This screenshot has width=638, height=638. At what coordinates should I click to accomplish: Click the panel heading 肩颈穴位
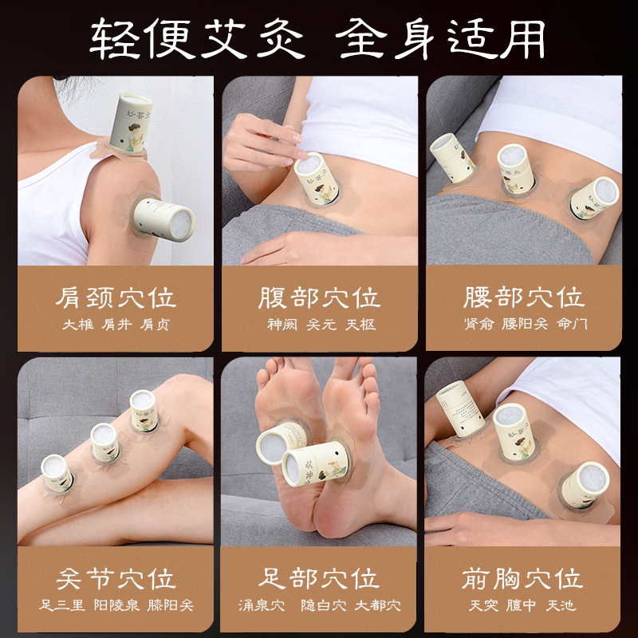coord(116,297)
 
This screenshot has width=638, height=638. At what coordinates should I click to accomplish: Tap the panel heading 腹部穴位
coord(320,297)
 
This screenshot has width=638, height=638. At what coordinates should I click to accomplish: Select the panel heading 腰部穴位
coord(524,297)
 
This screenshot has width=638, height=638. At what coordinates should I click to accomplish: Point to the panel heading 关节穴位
coord(116,579)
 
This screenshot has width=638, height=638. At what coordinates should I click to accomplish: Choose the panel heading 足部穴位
coord(319,579)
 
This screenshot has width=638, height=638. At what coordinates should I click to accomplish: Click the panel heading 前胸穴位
coord(522,579)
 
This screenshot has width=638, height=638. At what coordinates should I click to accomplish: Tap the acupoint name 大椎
coord(78,325)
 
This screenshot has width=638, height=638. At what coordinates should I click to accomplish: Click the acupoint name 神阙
coord(282,325)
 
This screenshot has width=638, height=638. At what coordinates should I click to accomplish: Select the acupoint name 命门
coord(572,324)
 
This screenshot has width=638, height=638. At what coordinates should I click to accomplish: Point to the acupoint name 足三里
coord(62,605)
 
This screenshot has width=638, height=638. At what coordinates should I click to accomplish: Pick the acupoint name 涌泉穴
coord(262,605)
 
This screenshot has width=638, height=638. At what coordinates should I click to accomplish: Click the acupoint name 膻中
coord(522,605)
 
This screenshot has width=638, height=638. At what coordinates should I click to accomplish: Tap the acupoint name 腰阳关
coord(525,324)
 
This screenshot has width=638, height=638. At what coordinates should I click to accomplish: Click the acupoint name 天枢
coord(360,325)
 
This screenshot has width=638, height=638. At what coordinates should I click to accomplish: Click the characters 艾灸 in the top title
coord(253,38)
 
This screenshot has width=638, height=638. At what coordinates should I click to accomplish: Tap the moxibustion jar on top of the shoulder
coord(130,124)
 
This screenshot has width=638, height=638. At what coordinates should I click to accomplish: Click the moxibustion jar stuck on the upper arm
coord(164,220)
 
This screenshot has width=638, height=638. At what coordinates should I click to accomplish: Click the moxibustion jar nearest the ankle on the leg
coord(57,474)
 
